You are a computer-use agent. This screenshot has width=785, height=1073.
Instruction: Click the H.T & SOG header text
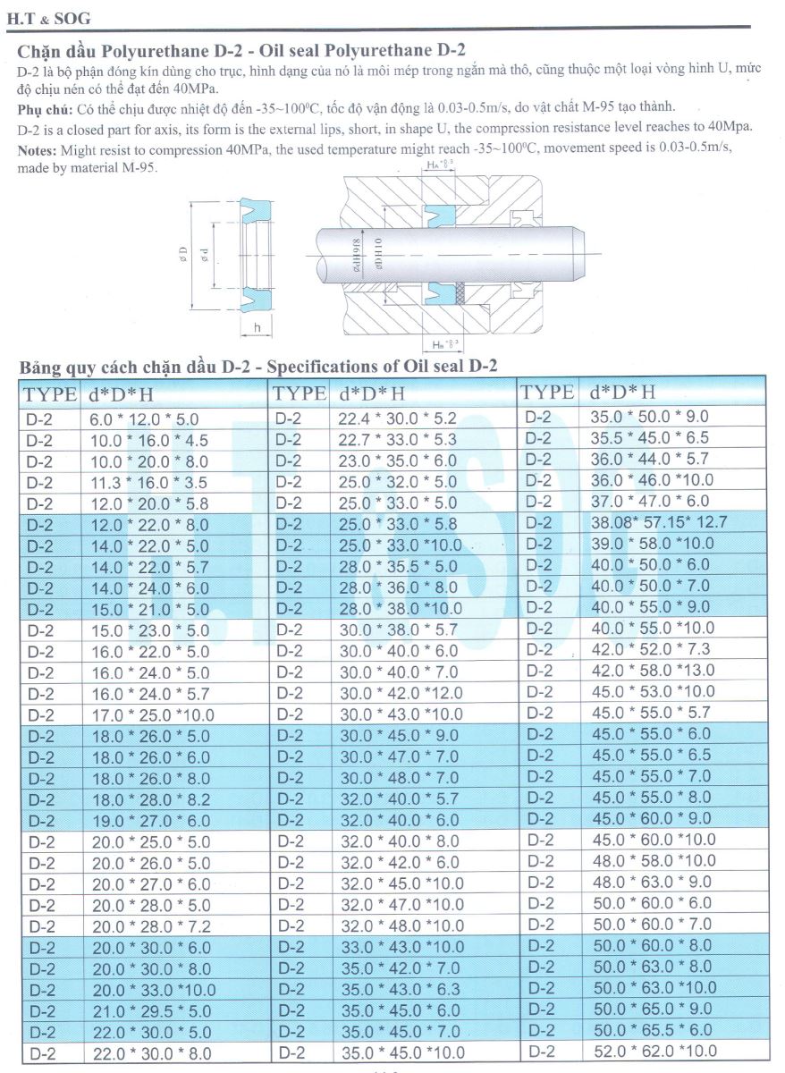click(55, 18)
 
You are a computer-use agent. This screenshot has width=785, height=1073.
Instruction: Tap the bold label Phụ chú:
click(46, 108)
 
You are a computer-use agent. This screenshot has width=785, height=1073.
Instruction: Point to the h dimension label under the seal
click(257, 327)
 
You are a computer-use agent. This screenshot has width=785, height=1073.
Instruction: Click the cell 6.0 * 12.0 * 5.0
click(144, 418)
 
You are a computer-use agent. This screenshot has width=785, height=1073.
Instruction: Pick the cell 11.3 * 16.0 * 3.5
click(146, 482)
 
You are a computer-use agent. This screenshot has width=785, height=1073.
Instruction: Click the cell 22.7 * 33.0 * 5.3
click(398, 439)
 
